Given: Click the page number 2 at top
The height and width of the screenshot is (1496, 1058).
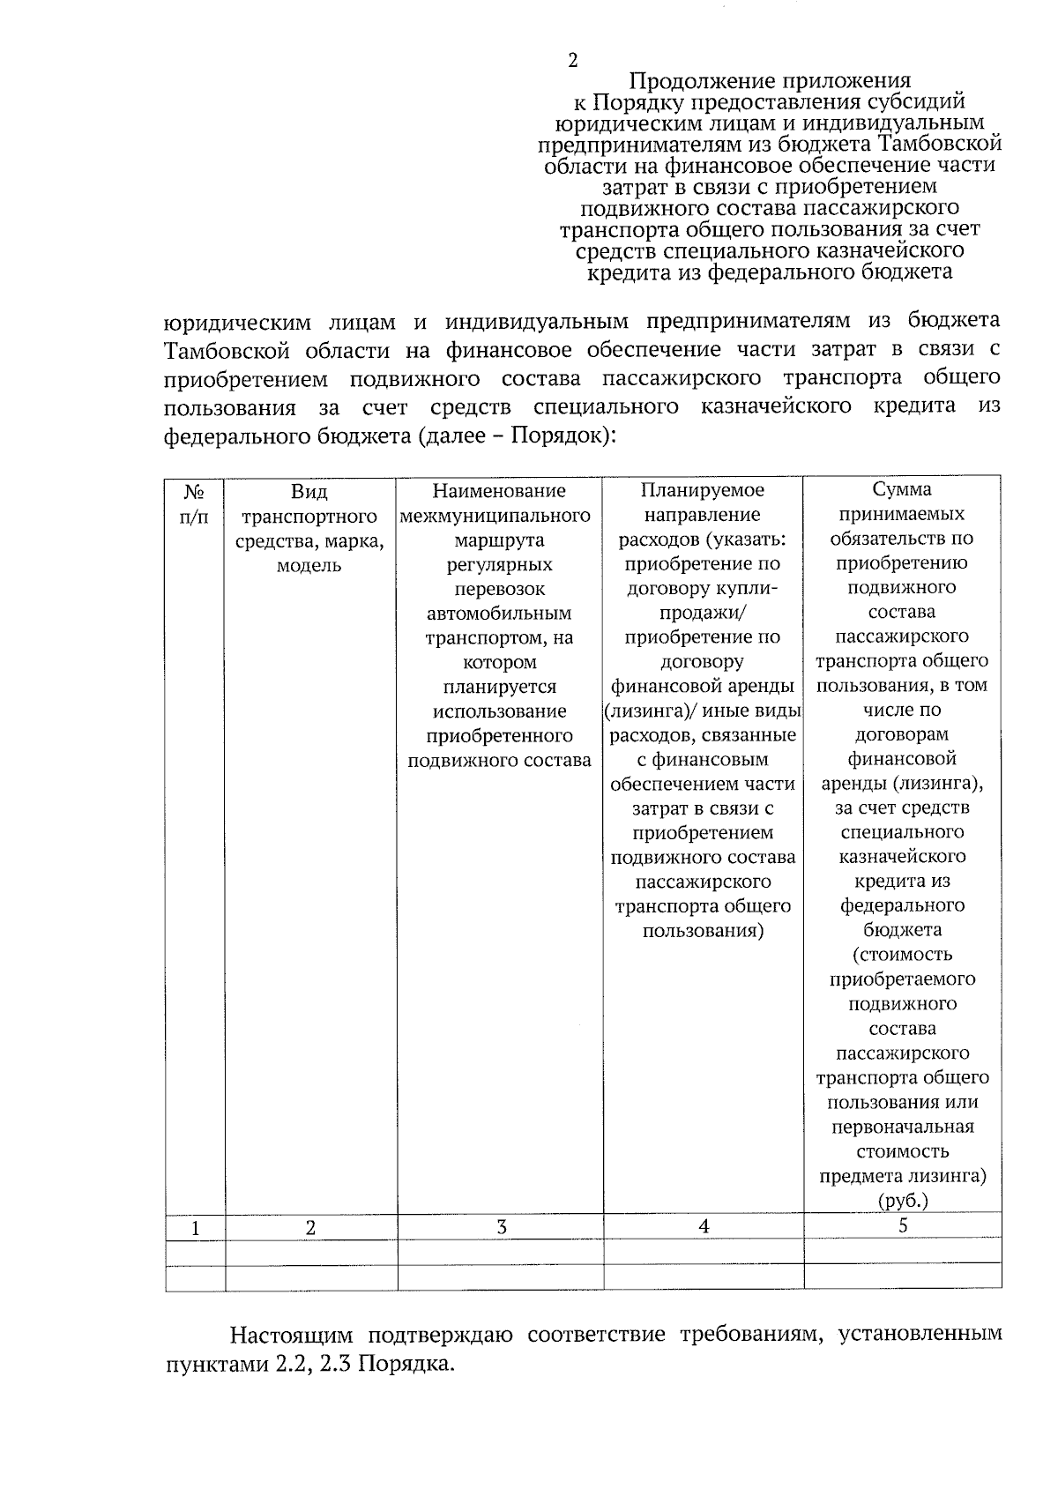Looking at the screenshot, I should point(573,60).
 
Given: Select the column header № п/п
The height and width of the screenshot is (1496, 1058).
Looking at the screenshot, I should point(195,503).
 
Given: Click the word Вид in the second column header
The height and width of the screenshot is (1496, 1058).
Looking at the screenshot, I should point(309,492).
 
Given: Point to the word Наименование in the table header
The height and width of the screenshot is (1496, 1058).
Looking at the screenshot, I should point(499,491).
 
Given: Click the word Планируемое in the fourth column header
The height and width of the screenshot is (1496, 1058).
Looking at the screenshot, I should point(703,490).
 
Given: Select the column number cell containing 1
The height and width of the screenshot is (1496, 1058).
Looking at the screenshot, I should point(195,1227).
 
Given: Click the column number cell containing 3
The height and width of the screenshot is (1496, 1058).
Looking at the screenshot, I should point(501,1226).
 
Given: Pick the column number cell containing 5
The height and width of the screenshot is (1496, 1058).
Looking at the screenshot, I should point(903,1225).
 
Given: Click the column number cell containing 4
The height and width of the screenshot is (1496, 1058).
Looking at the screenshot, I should point(704,1226).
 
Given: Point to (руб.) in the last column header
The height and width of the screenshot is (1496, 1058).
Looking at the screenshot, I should point(903,1201).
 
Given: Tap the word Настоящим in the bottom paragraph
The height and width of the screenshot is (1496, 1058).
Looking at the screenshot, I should point(292,1335).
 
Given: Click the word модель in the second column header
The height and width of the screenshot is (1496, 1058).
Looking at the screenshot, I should point(309,566).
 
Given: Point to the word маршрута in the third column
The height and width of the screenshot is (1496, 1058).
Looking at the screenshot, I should point(500,540).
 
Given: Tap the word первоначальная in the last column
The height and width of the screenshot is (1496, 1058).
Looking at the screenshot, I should point(903,1127).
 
